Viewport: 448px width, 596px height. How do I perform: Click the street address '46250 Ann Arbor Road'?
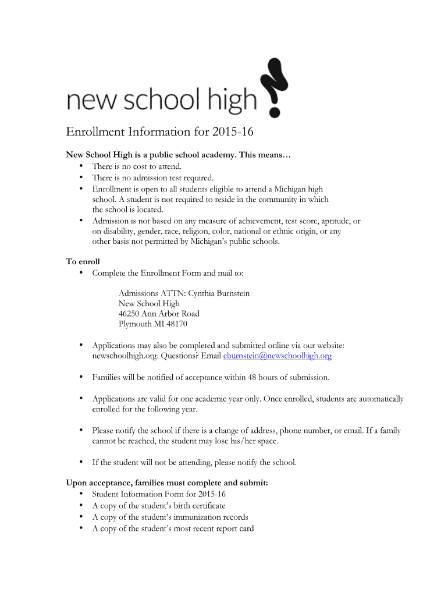coord(159,314)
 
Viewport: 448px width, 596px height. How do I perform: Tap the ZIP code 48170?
coord(175,324)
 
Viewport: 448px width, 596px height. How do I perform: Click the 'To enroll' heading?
coord(83,262)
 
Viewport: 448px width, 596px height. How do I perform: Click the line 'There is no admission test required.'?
coord(153,178)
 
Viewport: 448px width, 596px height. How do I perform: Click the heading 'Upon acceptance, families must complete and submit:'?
coord(167,483)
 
